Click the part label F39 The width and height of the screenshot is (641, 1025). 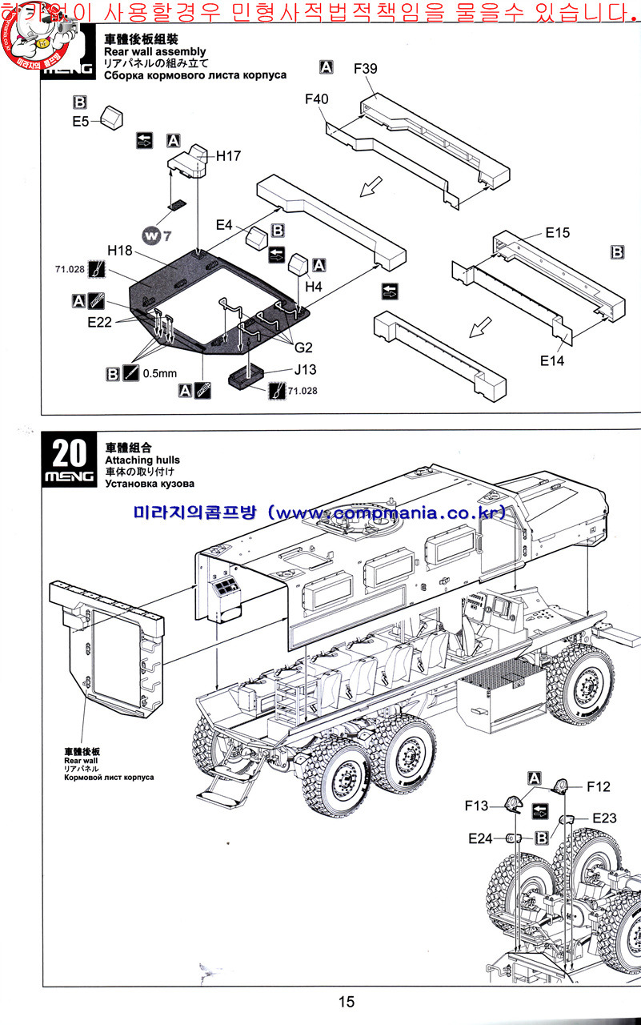tap(366, 69)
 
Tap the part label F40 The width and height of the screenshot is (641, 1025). tap(316, 98)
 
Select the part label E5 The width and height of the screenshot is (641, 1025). tap(80, 121)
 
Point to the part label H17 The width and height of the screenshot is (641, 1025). tap(228, 156)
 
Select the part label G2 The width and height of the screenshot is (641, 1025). tap(304, 347)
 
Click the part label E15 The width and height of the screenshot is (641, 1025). tap(557, 233)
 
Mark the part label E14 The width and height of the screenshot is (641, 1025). tap(551, 361)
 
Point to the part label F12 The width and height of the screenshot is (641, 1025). tap(598, 787)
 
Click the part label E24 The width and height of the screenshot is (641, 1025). tap(483, 838)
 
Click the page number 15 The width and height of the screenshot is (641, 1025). tap(346, 1002)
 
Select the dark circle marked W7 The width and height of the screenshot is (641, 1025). tap(153, 235)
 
